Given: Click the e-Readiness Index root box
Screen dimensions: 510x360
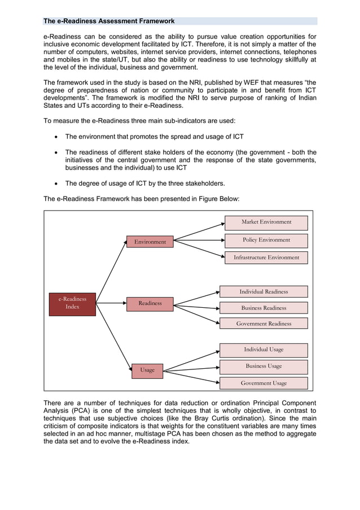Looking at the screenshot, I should [x=72, y=303].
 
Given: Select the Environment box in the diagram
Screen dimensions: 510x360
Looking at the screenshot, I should [x=150, y=242].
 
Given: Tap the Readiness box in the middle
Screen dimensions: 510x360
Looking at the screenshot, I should [x=150, y=303].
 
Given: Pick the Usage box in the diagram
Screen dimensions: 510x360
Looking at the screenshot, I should [x=147, y=370].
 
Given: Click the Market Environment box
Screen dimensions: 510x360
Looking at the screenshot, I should [x=266, y=223].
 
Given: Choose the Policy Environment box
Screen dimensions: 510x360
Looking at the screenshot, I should [x=266, y=240].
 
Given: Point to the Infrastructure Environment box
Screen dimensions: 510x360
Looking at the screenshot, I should [x=266, y=258].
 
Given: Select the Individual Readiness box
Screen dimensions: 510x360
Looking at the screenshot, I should [x=264, y=292].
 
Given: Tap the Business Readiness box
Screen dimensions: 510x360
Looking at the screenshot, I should [x=264, y=308].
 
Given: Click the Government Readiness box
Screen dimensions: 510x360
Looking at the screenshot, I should [x=264, y=324].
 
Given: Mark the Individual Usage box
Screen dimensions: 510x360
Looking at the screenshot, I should [x=264, y=350].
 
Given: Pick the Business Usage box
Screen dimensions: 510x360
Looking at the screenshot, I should [x=264, y=366].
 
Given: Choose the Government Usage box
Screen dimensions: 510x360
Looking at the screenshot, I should [x=264, y=383].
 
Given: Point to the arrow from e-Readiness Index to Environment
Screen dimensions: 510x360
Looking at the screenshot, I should [x=111, y=268].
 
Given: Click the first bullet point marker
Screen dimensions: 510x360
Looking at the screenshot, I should [x=55, y=137].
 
